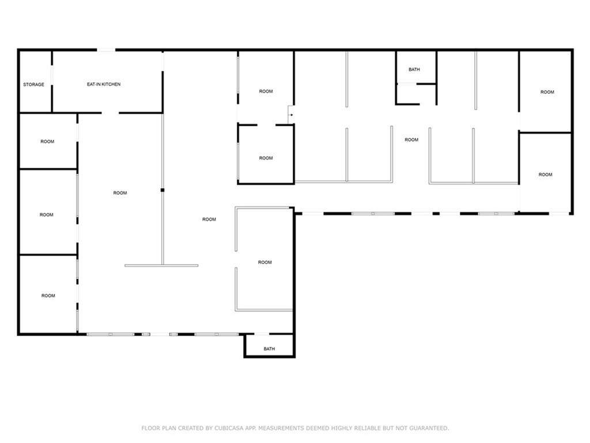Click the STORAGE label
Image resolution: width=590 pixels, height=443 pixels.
33,84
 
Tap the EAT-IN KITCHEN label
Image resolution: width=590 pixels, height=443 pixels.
104,84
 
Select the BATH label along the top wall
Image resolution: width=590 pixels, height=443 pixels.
414,70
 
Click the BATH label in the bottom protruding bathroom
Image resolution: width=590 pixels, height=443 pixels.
270,349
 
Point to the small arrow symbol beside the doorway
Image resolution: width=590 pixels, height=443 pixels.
292,115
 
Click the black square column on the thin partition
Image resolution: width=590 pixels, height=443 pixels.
162,190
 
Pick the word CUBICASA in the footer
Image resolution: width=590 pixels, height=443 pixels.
229,429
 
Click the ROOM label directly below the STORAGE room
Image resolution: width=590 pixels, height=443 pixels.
47,142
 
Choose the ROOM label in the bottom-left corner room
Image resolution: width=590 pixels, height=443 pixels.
48,296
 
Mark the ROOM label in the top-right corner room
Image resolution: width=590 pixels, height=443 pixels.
547,92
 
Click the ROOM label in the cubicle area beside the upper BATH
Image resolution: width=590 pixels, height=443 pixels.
411,140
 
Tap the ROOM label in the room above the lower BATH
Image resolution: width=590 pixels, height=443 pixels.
265,262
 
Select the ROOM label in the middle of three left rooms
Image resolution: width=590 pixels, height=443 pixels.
47,215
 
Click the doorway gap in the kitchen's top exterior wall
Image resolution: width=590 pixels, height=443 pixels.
106,50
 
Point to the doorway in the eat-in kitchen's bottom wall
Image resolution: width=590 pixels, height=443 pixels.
110,112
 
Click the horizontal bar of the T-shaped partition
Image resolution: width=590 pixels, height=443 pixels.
161,265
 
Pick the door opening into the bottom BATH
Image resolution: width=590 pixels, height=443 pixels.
262,334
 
